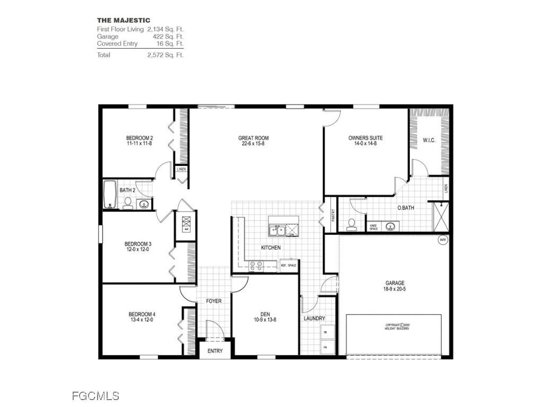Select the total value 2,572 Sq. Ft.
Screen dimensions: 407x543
coord(165,55)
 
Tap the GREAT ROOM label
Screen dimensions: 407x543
coord(253,138)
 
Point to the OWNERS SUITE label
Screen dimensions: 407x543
coord(365,138)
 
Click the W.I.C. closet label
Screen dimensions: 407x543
coord(429,140)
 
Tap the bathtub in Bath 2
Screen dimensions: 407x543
coord(110,194)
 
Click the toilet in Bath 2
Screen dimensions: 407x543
coord(128,203)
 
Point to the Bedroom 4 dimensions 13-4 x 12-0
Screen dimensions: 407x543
coord(141,320)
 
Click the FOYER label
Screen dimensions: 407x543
coord(214,301)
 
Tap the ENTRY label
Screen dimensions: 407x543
coord(215,351)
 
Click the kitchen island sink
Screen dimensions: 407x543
coord(276,230)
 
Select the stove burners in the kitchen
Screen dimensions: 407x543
coord(256,266)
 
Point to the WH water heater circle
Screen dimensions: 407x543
coord(442,240)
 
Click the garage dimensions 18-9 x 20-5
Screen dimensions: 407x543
coord(395,289)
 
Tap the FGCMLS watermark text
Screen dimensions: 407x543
coord(95,395)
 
